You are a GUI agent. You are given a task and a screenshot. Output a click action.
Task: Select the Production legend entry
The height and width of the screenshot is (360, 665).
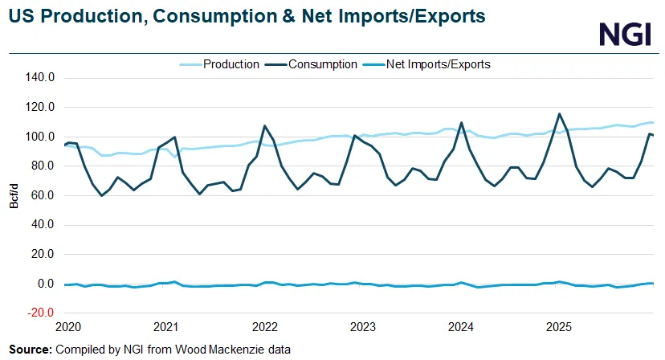pyautogui.click(x=231, y=64)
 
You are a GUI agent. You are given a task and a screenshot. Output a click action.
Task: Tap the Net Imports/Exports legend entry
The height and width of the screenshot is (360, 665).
pyautogui.click(x=437, y=64)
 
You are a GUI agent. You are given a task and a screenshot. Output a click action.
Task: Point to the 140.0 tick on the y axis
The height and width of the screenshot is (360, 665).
pyautogui.click(x=39, y=78)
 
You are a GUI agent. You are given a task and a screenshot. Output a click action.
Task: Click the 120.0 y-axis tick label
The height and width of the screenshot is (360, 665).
pyautogui.click(x=39, y=107)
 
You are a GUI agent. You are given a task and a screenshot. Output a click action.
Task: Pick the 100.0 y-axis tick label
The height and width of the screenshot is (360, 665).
pyautogui.click(x=39, y=137)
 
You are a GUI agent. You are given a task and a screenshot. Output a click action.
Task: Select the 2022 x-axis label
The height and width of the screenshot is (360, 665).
pyautogui.click(x=264, y=327)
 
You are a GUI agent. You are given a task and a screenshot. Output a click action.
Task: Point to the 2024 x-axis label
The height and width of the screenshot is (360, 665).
pyautogui.click(x=461, y=327)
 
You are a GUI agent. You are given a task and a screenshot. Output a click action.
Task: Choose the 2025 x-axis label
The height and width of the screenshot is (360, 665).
pyautogui.click(x=559, y=327)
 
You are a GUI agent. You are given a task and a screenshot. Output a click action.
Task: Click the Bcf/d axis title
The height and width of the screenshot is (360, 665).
pyautogui.click(x=14, y=195)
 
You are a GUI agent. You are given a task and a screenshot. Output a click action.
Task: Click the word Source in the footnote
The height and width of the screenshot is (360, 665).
pyautogui.click(x=30, y=350)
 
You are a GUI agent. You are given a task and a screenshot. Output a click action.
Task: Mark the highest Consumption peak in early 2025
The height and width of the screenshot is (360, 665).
pyautogui.click(x=559, y=114)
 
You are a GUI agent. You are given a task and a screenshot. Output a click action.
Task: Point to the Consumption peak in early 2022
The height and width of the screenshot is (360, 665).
pyautogui.click(x=265, y=126)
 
